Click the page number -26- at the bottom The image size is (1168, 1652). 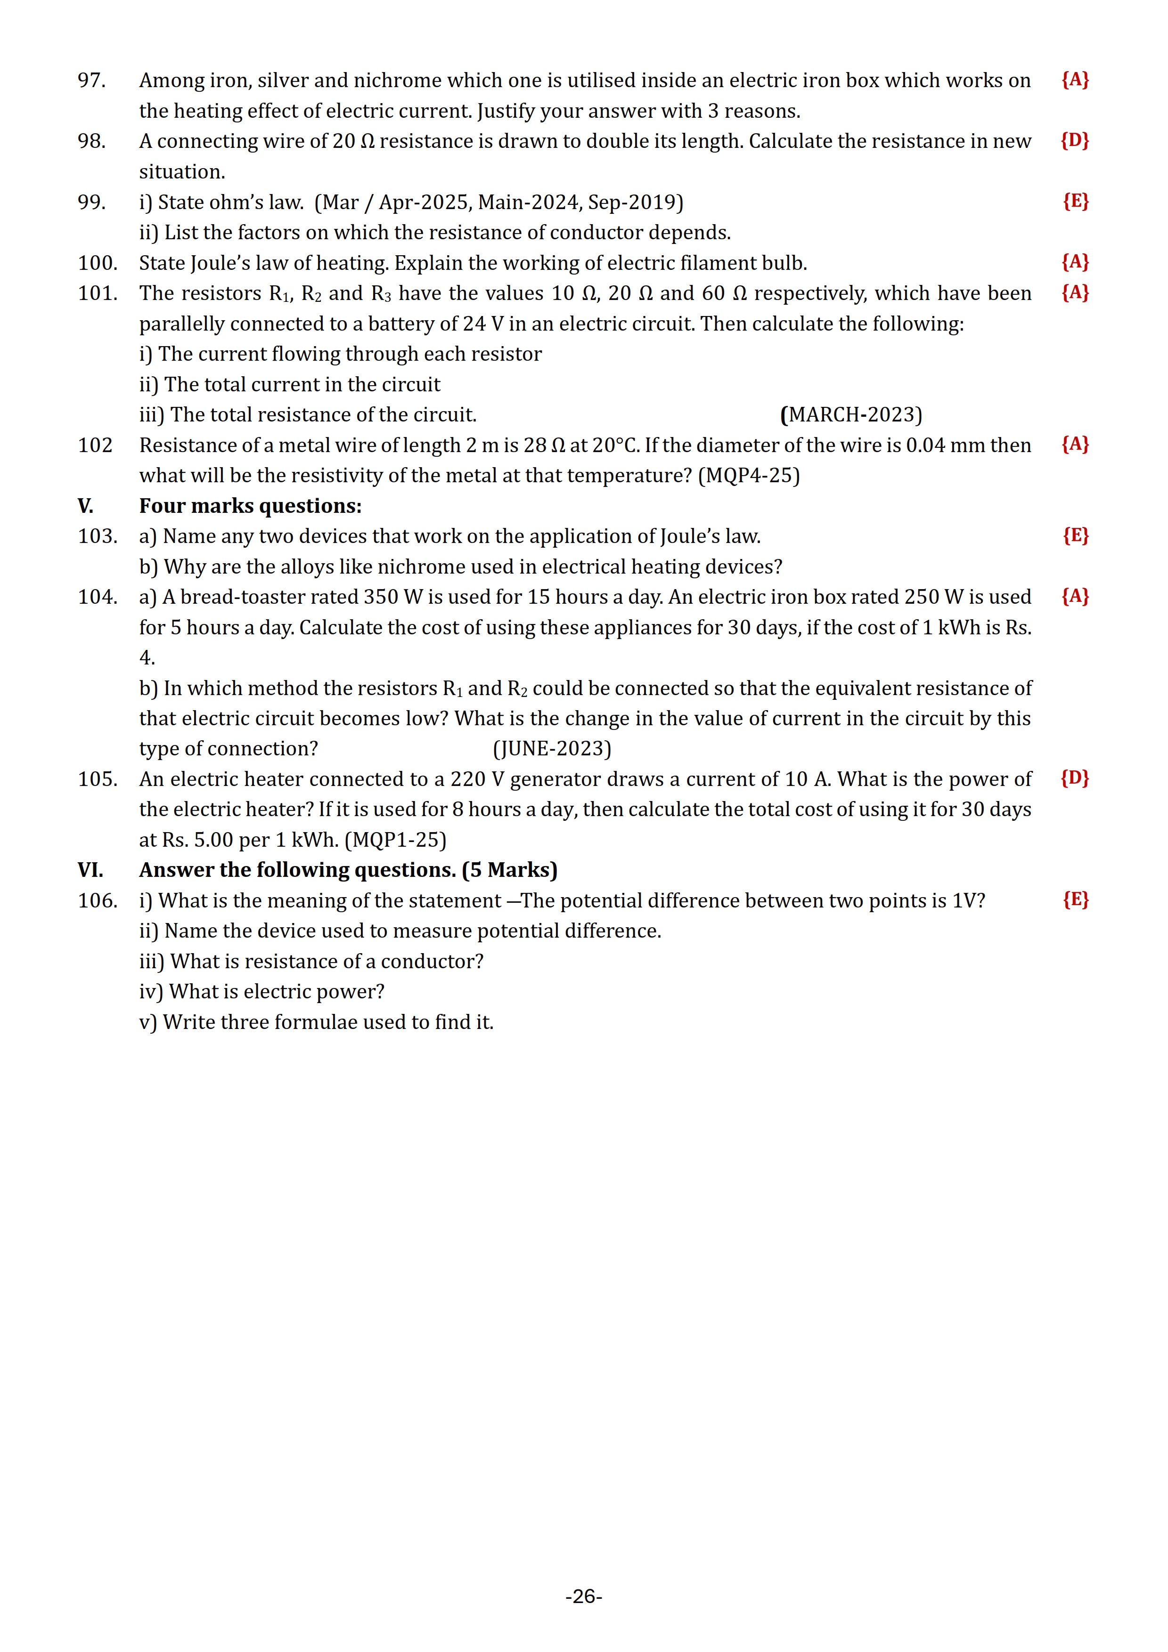point(584,1596)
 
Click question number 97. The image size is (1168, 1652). point(91,81)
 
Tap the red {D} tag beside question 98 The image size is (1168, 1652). point(1074,140)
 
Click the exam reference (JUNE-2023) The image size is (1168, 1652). point(552,749)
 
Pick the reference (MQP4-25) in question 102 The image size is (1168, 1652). point(749,476)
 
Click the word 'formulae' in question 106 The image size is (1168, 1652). point(328,1022)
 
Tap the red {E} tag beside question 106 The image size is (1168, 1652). point(1076,900)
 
